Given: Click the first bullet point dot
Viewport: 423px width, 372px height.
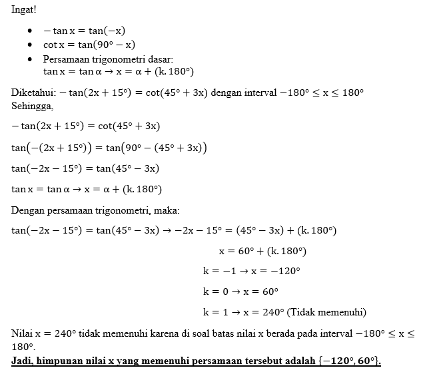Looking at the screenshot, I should click(x=31, y=31).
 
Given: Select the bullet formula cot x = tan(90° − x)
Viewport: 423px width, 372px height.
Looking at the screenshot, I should click(x=89, y=45).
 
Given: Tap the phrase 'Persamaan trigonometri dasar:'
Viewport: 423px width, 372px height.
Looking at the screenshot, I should click(x=108, y=59).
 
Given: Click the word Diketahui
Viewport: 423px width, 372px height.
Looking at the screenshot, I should click(x=33, y=92).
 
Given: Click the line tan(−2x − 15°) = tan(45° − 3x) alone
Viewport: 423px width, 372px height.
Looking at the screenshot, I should click(x=85, y=168).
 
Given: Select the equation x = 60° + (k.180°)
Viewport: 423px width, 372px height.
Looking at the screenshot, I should click(x=262, y=251).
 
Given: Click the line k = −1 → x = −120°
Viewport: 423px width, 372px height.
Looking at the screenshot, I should click(x=252, y=272).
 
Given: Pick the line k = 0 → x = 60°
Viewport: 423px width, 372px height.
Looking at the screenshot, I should click(x=240, y=291).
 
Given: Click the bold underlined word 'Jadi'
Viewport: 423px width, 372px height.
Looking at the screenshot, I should click(x=23, y=360).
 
